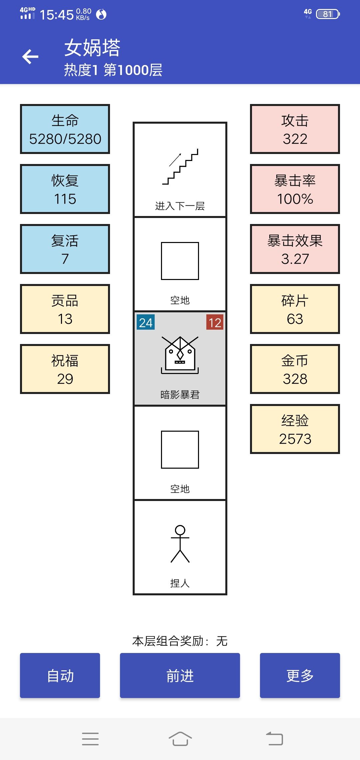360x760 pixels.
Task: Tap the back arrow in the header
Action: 30,57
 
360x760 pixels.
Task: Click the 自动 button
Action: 60,675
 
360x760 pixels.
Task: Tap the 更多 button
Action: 300,675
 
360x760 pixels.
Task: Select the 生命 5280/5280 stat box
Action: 65,129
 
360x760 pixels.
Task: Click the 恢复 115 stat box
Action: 65,189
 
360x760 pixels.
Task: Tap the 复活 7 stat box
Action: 65,249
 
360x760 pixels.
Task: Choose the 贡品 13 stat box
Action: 65,309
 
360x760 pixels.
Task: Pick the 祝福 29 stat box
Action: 65,369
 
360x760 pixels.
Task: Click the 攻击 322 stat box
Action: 295,129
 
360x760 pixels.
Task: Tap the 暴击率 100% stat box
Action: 295,189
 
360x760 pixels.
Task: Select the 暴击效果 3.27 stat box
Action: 295,249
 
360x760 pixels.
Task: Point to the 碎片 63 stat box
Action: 295,309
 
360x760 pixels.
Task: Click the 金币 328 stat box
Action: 295,369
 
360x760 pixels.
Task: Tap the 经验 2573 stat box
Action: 295,429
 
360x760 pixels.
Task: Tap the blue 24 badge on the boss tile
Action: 146,322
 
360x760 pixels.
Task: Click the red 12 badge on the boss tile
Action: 215,322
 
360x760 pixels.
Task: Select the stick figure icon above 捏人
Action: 180,544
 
